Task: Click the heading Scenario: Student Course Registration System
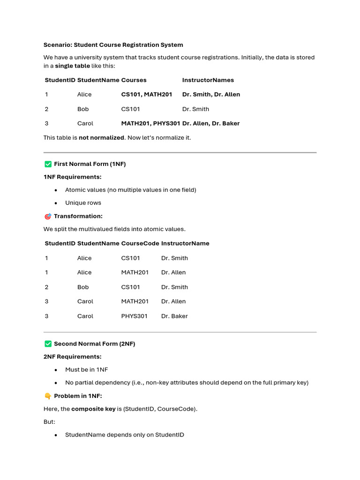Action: tap(113, 45)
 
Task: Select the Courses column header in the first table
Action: tap(134, 80)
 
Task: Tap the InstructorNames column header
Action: tap(208, 80)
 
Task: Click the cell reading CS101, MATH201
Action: tap(147, 95)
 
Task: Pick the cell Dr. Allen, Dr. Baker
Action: tap(211, 124)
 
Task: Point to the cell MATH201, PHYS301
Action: tap(150, 124)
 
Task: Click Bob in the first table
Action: tap(83, 109)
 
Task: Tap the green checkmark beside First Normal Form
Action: tap(48, 164)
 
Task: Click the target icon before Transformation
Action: tap(48, 217)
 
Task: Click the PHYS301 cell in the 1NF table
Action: tap(134, 316)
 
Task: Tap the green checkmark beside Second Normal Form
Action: tap(48, 344)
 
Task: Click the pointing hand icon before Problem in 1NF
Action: tap(48, 396)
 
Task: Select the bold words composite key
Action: tap(93, 409)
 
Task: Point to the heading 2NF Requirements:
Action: tap(72, 357)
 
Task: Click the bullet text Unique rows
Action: tap(83, 203)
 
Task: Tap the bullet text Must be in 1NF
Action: tap(86, 370)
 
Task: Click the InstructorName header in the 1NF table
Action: tap(185, 244)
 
